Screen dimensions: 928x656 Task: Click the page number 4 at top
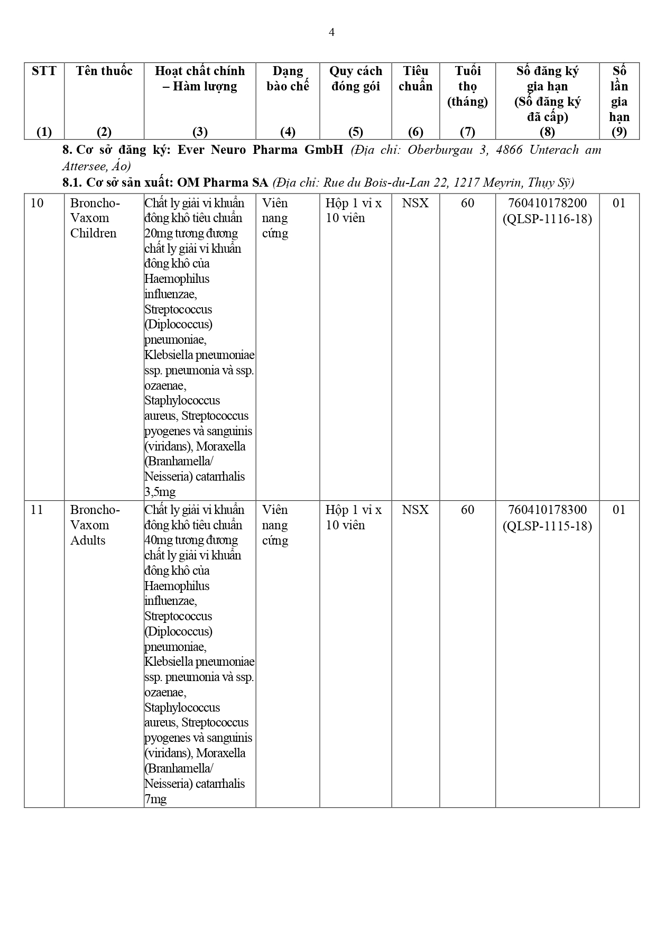(331, 33)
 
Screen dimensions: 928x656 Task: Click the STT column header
(44, 71)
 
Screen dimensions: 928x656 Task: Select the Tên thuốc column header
(104, 71)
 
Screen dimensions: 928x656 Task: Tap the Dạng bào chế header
(288, 79)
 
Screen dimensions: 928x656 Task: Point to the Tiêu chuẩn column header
(415, 79)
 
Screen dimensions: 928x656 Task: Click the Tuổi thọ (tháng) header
(467, 86)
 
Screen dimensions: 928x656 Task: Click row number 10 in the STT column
(37, 203)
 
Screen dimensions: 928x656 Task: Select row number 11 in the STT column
(37, 510)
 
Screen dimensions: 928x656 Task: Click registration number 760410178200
(547, 203)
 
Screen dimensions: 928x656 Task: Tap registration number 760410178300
(547, 510)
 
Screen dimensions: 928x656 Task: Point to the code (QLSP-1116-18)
(547, 218)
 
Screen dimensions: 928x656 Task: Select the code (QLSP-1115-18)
(547, 526)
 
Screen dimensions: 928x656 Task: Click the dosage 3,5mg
(160, 492)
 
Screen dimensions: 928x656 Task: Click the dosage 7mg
(155, 799)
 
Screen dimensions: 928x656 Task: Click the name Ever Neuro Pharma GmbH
(260, 150)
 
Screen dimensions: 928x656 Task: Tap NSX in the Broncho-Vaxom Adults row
(415, 510)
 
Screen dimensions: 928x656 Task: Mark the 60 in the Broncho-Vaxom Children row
(467, 203)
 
